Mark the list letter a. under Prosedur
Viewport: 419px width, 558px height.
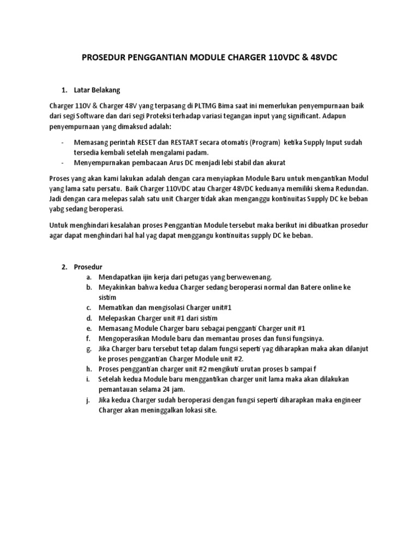coord(88,277)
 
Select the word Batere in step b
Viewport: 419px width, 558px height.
coord(312,287)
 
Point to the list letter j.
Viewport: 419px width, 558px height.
coord(88,400)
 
